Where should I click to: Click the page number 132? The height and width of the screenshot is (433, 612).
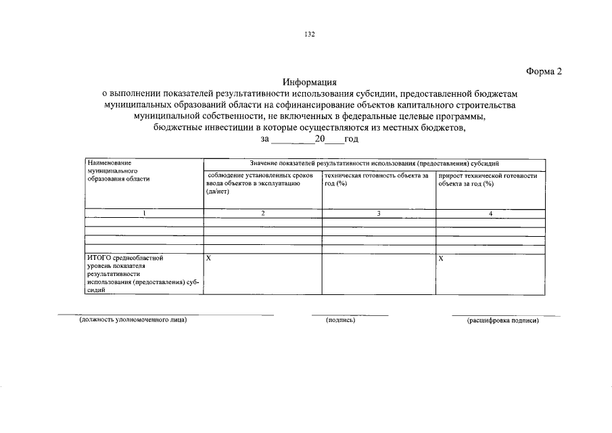pos(310,35)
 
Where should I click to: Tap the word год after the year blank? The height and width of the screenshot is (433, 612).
pos(351,139)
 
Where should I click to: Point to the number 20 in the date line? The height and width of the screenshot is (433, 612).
pos(321,139)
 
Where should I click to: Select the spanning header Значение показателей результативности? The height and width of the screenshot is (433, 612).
pos(374,164)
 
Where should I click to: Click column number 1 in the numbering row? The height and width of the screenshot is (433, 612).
pos(143,214)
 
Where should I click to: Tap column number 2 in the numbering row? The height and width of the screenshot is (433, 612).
pos(263,214)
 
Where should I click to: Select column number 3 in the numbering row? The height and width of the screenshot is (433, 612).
pos(379,214)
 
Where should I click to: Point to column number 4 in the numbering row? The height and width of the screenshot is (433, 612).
pos(491,214)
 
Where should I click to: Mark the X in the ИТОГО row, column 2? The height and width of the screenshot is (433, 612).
pos(208,258)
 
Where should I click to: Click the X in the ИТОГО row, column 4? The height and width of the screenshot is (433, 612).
pos(441,258)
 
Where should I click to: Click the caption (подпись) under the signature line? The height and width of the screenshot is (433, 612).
pos(340,320)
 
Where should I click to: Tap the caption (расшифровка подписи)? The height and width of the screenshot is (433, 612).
pos(502,321)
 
